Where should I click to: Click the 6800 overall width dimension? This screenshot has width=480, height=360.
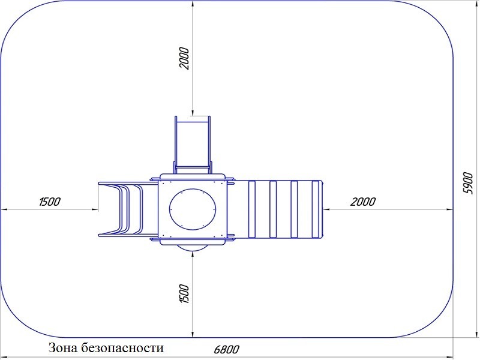coord(227,349)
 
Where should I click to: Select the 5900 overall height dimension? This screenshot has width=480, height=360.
coord(468,183)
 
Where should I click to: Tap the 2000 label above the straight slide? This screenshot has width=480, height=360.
coord(184,58)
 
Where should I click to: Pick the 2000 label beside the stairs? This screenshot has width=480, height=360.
coord(363,202)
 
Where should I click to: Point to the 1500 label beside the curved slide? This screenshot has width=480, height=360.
coord(50,202)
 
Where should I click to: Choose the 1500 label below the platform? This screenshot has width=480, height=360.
coord(184,293)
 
